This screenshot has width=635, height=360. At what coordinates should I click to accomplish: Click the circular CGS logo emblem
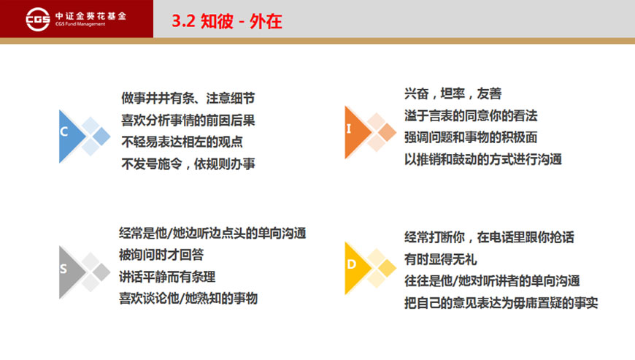tap(38, 19)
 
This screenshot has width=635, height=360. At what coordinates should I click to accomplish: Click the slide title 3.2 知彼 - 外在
tap(227, 21)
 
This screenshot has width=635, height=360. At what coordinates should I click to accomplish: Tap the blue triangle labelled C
tap(72, 137)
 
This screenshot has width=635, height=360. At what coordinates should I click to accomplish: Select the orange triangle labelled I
tap(358, 132)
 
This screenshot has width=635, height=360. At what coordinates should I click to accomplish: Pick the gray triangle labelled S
tap(72, 272)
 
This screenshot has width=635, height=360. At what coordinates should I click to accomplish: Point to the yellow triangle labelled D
tap(358, 268)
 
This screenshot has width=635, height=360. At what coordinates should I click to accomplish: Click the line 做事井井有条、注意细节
tap(188, 98)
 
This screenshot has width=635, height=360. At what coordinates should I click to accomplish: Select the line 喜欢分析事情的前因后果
tap(188, 120)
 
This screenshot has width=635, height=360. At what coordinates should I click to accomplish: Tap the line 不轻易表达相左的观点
tap(182, 142)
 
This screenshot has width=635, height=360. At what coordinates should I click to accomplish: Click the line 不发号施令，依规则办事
tap(188, 164)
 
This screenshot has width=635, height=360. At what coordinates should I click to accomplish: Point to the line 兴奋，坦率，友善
tap(453, 93)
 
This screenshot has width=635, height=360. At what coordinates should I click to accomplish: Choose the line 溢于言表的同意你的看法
tap(471, 116)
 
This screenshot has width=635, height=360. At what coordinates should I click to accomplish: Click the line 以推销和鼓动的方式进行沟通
tap(482, 159)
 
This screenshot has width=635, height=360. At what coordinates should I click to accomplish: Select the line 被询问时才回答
tap(161, 255)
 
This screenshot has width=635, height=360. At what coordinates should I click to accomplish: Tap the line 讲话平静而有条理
tap(167, 277)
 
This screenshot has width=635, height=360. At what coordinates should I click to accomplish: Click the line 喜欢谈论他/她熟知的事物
tap(188, 299)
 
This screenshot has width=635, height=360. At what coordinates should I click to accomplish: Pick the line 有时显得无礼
tap(441, 259)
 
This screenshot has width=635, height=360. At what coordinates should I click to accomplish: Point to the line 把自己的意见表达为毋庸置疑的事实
tap(501, 302)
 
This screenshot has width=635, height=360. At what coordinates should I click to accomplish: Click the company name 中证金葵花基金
tap(91, 16)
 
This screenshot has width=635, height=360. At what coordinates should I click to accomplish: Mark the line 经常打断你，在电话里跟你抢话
tap(489, 237)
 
